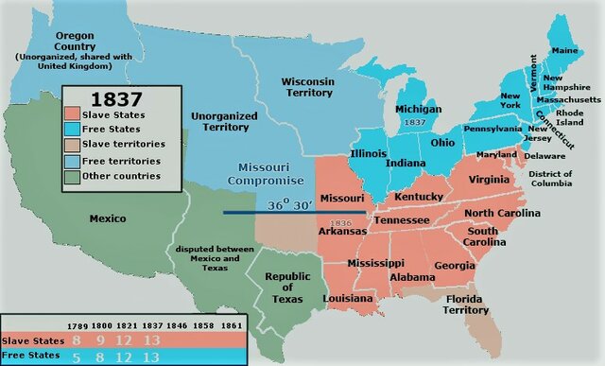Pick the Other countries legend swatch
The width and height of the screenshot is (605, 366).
(x=78, y=175)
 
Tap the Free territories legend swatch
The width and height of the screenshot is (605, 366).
(x=78, y=160)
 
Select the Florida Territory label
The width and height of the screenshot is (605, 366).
(x=466, y=304)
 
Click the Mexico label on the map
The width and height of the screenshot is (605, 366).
(x=108, y=218)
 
